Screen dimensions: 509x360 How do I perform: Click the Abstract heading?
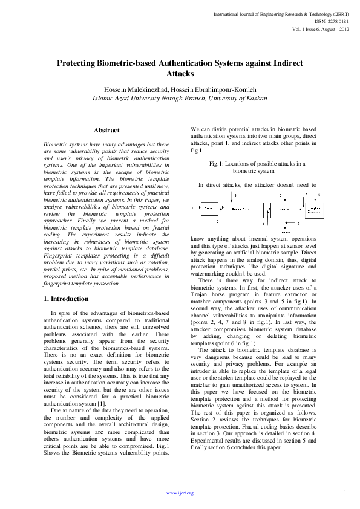point(106,130)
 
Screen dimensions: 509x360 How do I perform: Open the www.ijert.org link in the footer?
point(180,493)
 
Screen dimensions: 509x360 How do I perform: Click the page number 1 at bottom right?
point(344,492)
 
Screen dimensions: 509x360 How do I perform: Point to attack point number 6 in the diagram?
point(319,195)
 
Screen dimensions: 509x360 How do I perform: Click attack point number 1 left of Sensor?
point(192,208)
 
